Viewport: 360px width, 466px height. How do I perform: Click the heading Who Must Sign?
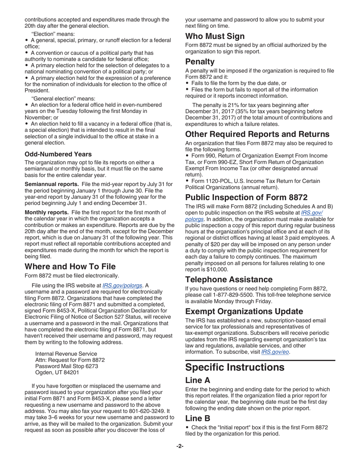point(214,36)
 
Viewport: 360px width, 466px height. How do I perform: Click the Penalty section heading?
point(200,62)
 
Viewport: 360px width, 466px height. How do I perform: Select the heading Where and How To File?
point(70,266)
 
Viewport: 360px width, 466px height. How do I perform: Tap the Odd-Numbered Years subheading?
point(58,154)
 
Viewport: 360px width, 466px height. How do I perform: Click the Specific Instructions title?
point(235,367)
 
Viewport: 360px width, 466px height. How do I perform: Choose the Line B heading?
point(197,418)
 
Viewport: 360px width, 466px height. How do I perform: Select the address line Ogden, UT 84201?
point(57,372)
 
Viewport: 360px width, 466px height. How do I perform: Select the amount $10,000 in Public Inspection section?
point(216,269)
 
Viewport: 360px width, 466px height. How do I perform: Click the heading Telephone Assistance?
point(229,280)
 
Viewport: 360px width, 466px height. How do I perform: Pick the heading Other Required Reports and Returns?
point(257,134)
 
